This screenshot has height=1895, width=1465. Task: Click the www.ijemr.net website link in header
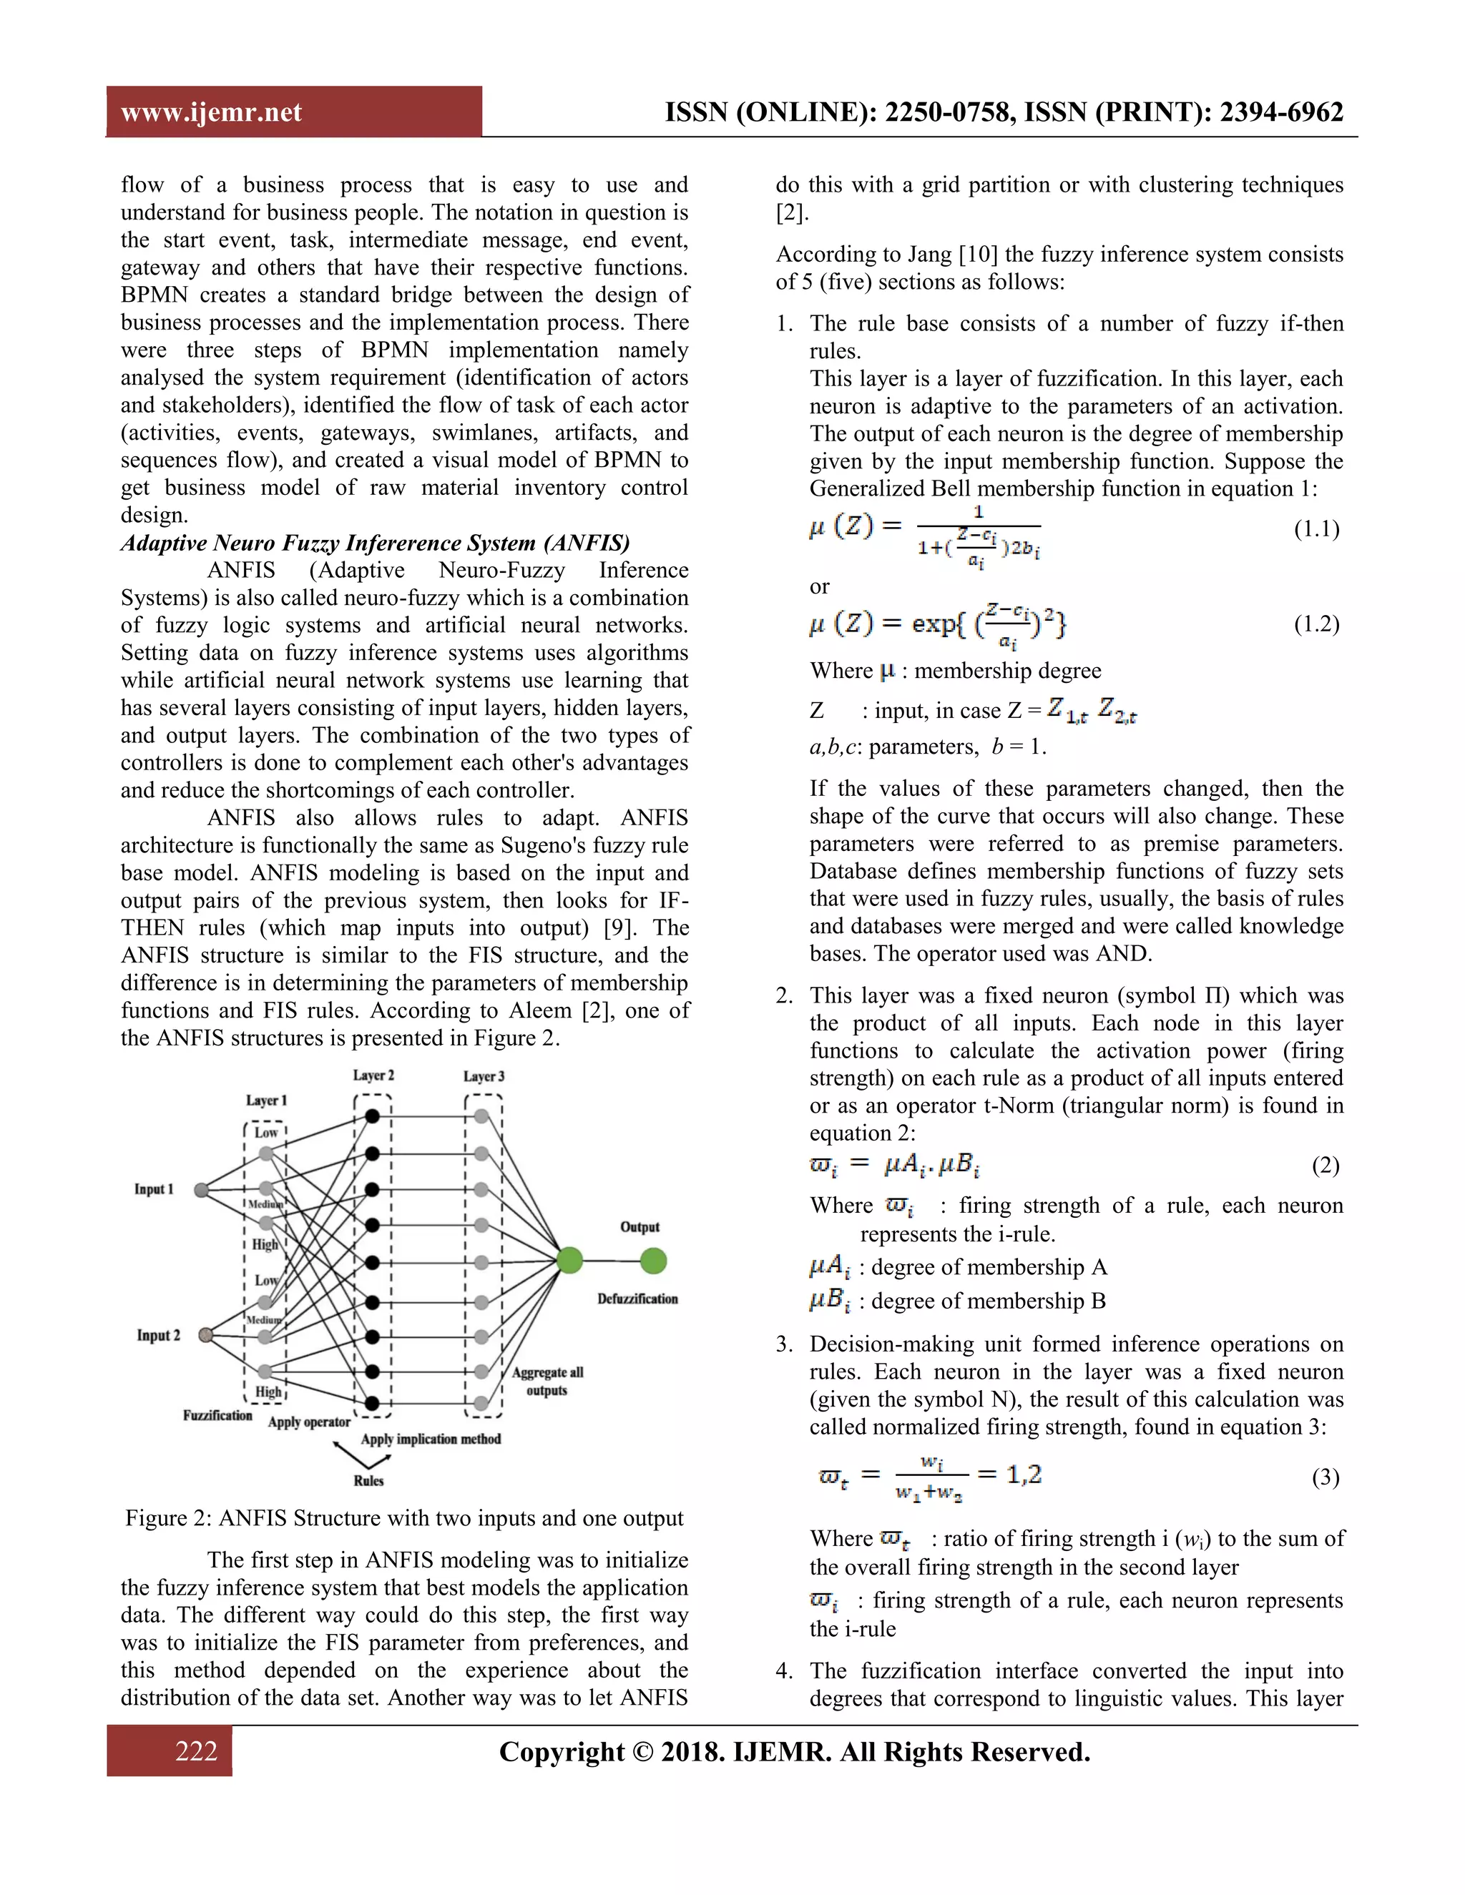(211, 113)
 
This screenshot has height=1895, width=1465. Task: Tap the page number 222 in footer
(195, 1751)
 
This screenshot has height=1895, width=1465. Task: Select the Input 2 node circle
(206, 1334)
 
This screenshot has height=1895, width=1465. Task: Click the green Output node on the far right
(654, 1261)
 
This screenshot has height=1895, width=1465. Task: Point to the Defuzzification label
(637, 1299)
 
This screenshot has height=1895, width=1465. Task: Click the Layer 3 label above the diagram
(484, 1076)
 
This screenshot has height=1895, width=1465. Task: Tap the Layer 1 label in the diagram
(265, 1101)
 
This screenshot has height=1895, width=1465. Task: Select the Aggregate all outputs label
(547, 1382)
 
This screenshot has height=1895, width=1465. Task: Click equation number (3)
(1326, 1477)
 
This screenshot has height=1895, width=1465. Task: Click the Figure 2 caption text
(404, 1517)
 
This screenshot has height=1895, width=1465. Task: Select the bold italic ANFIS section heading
(375, 543)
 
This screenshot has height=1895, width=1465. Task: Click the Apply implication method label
(431, 1439)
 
